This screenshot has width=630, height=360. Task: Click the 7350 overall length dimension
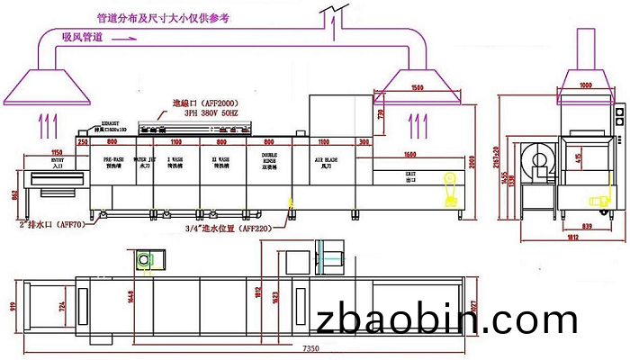click(310, 347)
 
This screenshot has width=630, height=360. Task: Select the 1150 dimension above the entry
click(57, 151)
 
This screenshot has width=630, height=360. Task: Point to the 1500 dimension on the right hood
click(416, 88)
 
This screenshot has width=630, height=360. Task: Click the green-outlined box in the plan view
click(145, 259)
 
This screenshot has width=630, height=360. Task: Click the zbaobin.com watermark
click(446, 320)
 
